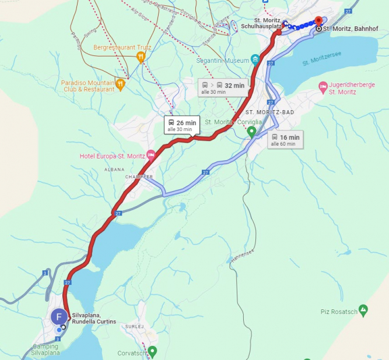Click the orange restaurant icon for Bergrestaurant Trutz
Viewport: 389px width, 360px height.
pyautogui.click(x=141, y=57)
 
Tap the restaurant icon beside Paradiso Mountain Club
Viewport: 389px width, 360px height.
pyautogui.click(x=120, y=85)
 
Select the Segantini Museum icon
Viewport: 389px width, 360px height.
pyautogui.click(x=255, y=59)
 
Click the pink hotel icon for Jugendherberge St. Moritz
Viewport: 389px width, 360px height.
pyautogui.click(x=323, y=87)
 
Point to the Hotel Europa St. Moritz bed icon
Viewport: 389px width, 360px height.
pyautogui.click(x=151, y=154)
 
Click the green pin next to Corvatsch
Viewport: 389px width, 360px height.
pyautogui.click(x=152, y=351)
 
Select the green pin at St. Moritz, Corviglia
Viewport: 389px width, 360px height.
pyautogui.click(x=251, y=132)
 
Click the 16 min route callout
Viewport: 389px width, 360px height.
pyautogui.click(x=285, y=140)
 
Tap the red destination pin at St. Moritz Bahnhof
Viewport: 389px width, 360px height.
pyautogui.click(x=318, y=22)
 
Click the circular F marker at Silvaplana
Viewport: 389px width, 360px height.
pyautogui.click(x=59, y=317)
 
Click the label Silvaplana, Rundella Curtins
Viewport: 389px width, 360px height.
pyautogui.click(x=94, y=319)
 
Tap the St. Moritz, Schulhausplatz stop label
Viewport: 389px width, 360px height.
pyautogui.click(x=260, y=23)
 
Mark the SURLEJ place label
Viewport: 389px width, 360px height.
pyautogui.click(x=134, y=327)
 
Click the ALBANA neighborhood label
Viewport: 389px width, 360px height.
pyautogui.click(x=114, y=170)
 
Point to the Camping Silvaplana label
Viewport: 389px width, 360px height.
pyautogui.click(x=45, y=350)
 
